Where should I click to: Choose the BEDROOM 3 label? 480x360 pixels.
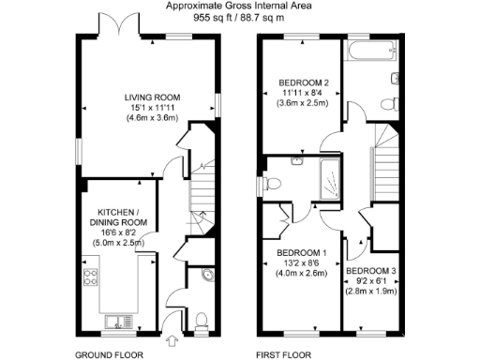(x=371, y=271)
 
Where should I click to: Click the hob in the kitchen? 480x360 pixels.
(x=93, y=277)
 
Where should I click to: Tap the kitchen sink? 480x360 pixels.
(x=117, y=322)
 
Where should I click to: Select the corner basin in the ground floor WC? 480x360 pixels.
(x=207, y=275)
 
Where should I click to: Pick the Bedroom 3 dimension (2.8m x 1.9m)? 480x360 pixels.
(x=371, y=292)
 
